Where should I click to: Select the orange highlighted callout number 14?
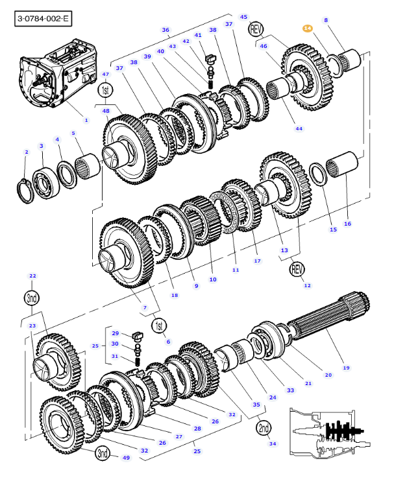point(308,29)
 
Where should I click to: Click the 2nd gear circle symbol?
point(264,428)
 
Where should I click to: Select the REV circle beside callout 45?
point(256,29)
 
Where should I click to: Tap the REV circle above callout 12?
point(297,268)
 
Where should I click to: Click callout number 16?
point(347,224)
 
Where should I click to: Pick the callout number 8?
point(326,20)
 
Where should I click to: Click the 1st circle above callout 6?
point(159,324)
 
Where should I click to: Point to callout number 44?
point(299,128)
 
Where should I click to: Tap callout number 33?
point(290,390)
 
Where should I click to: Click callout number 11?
point(236,270)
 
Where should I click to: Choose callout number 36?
point(165,30)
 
